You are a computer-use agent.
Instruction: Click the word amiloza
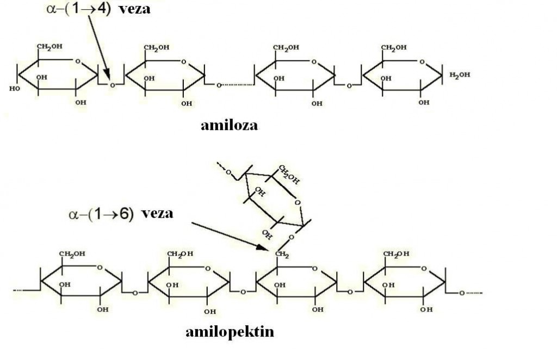[229, 125]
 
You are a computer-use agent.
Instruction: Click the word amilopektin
[230, 332]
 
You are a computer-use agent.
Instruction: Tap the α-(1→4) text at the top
[78, 9]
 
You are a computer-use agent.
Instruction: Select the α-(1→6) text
[101, 214]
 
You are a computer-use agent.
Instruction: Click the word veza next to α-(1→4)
[134, 9]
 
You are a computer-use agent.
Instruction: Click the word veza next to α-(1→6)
[157, 213]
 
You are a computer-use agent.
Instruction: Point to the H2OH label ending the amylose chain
[460, 75]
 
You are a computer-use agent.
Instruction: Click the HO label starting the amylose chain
[15, 89]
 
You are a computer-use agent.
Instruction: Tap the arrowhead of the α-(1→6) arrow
[264, 247]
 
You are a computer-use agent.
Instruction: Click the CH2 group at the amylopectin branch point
[282, 254]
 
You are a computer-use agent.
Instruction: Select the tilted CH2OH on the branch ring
[289, 175]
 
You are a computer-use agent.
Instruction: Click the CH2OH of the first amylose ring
[49, 47]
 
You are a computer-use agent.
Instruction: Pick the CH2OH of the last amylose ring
[394, 47]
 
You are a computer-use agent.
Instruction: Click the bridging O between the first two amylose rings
[112, 85]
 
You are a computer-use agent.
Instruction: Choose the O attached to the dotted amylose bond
[219, 85]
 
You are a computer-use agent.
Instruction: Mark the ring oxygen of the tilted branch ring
[298, 203]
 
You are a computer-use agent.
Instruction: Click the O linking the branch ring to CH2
[292, 237]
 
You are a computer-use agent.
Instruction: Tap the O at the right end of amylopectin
[461, 293]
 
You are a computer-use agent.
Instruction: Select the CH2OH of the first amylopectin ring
[72, 254]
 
